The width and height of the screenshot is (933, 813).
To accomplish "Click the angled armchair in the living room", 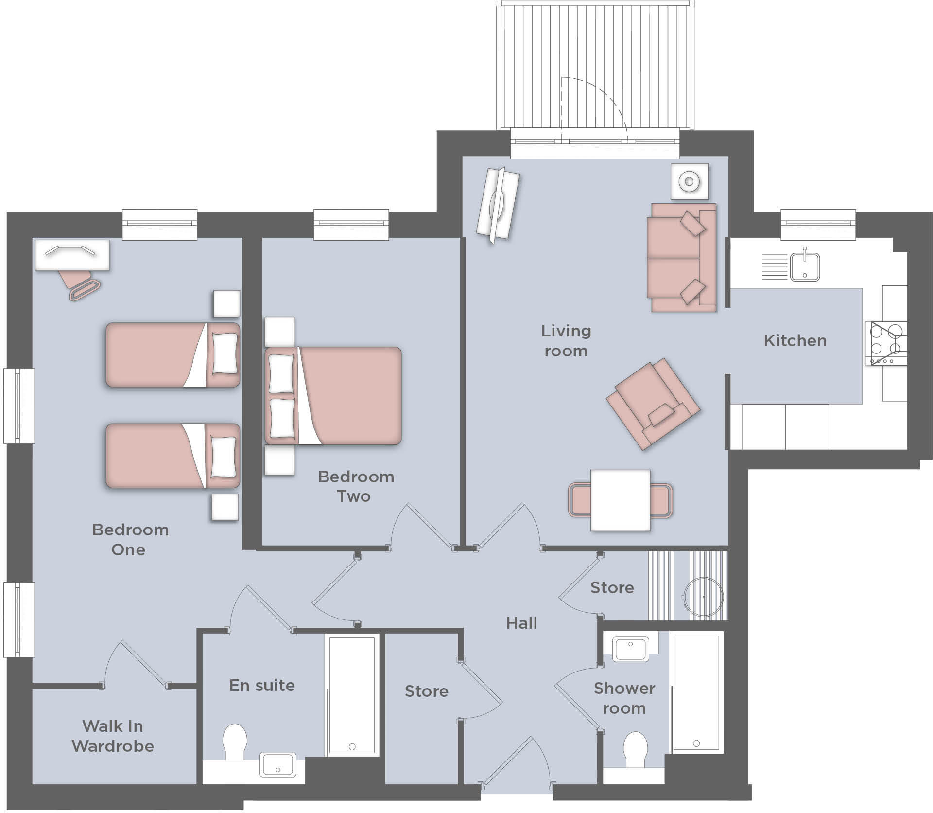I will (x=653, y=404).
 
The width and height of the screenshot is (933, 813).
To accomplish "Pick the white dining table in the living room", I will (x=621, y=500).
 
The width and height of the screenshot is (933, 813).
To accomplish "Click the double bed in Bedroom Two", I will (x=334, y=395).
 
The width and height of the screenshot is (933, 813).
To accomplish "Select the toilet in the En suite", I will (x=235, y=742).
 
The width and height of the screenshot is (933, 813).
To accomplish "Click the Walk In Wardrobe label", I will (x=113, y=736).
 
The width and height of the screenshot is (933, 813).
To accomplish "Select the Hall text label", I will (x=521, y=623).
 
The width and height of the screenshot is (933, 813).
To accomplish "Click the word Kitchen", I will (x=795, y=341).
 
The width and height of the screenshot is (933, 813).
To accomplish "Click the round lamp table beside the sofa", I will (x=689, y=182).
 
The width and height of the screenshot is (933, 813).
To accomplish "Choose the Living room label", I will (x=566, y=341).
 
